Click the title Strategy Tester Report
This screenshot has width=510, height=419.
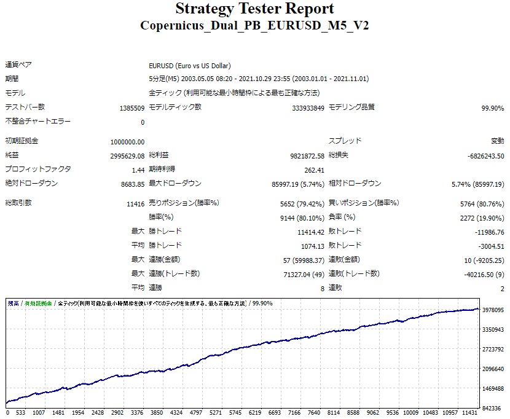point(255,9)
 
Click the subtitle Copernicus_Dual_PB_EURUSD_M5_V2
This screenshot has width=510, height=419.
point(255,25)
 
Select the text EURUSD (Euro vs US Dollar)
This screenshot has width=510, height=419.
point(190,66)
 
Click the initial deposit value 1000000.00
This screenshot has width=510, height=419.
point(128,141)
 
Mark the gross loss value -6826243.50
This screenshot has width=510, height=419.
point(485,156)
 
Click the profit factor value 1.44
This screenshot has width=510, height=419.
point(138,170)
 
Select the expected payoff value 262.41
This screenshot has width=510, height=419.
point(313,170)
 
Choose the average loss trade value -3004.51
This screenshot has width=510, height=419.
point(489,246)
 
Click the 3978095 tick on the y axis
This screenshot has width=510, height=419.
point(494,310)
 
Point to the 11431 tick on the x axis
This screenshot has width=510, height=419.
point(469,413)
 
